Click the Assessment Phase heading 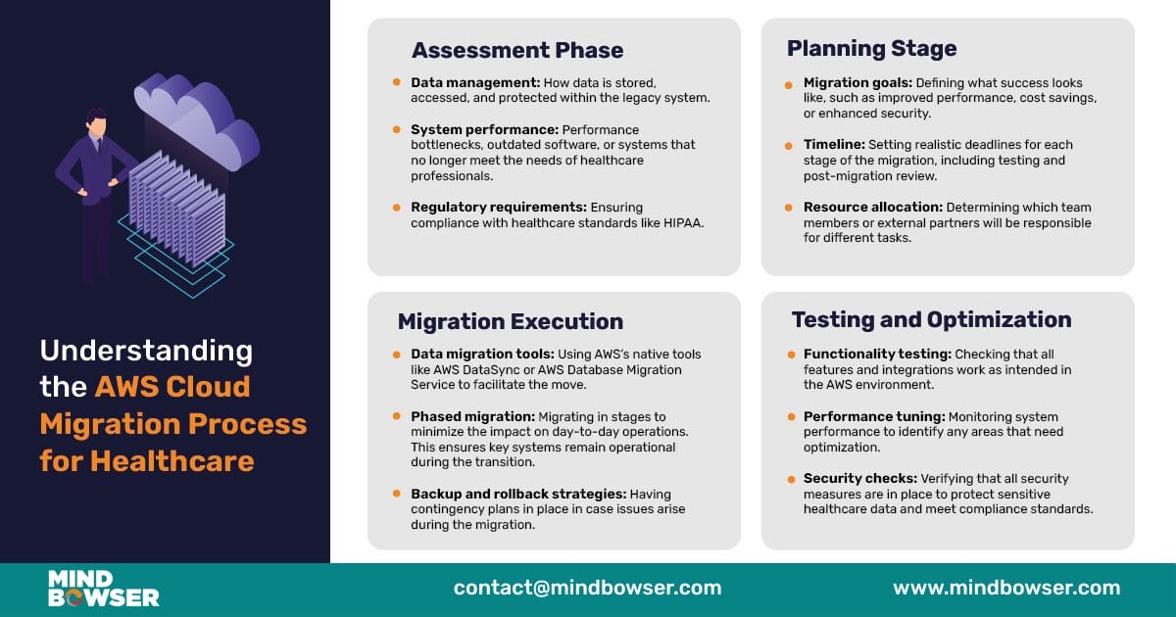click(x=516, y=51)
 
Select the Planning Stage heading click(x=871, y=48)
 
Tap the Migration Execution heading click(x=510, y=322)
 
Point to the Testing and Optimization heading click(x=931, y=320)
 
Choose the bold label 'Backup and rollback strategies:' click(x=517, y=495)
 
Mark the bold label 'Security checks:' click(x=859, y=479)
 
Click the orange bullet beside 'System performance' click(x=397, y=129)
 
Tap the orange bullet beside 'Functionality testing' click(x=790, y=355)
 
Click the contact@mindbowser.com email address click(x=587, y=589)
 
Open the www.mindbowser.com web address click(x=1005, y=589)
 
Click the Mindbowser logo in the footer click(x=103, y=589)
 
